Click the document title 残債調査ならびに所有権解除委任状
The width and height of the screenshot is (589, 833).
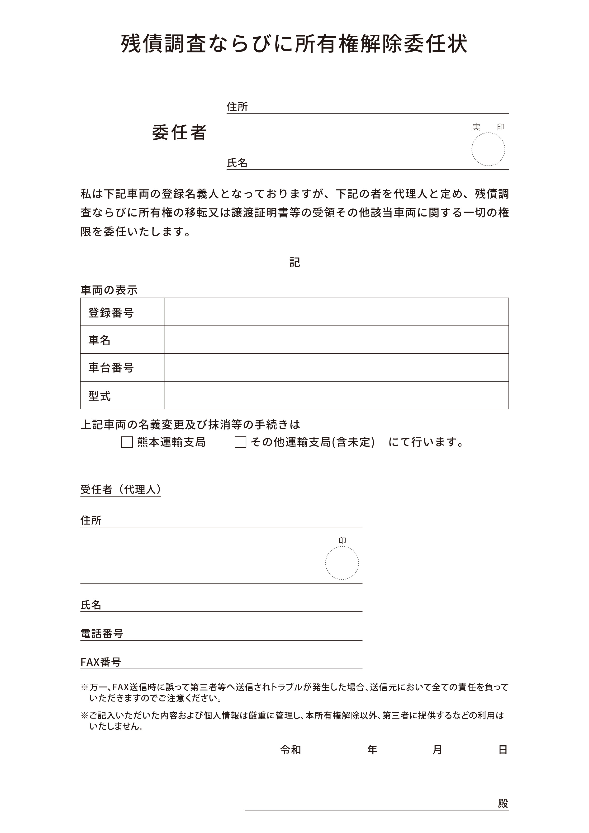point(294,44)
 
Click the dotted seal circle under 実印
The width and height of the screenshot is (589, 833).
point(488,149)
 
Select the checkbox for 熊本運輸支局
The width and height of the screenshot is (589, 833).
point(127,442)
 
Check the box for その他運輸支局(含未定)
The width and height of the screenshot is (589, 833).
point(240,442)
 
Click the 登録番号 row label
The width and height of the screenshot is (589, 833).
point(111,312)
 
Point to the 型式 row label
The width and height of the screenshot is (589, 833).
point(100,395)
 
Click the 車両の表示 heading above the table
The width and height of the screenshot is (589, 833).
point(109,290)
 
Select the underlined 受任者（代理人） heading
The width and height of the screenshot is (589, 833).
point(120,489)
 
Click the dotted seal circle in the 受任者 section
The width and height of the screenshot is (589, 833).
point(342,563)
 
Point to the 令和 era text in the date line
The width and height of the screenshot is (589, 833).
point(291,750)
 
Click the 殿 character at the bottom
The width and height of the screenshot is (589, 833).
point(503,803)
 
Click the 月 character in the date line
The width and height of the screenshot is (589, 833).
point(437,750)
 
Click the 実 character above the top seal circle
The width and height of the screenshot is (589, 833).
point(476,127)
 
